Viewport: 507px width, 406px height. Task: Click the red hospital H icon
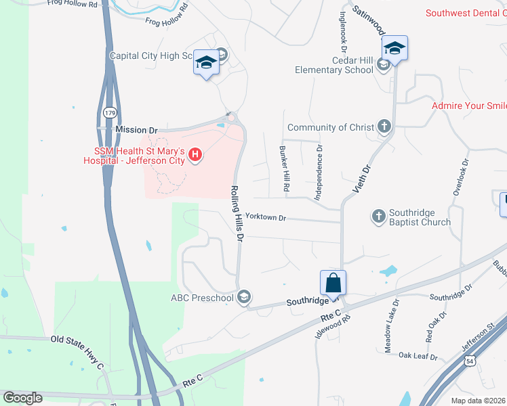[195, 156]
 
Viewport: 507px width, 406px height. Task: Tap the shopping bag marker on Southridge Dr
[333, 283]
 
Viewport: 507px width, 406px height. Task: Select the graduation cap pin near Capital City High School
[206, 64]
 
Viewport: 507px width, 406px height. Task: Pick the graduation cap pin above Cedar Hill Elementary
[394, 48]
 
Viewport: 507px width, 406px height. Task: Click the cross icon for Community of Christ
[384, 126]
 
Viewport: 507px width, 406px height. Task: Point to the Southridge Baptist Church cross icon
[378, 217]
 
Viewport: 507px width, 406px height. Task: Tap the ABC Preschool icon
[244, 296]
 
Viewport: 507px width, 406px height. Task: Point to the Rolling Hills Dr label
[236, 214]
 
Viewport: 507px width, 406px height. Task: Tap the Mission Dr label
[136, 129]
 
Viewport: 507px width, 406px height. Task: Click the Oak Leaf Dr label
[418, 356]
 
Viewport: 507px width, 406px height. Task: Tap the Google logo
[23, 398]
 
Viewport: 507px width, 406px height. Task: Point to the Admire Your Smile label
[469, 106]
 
